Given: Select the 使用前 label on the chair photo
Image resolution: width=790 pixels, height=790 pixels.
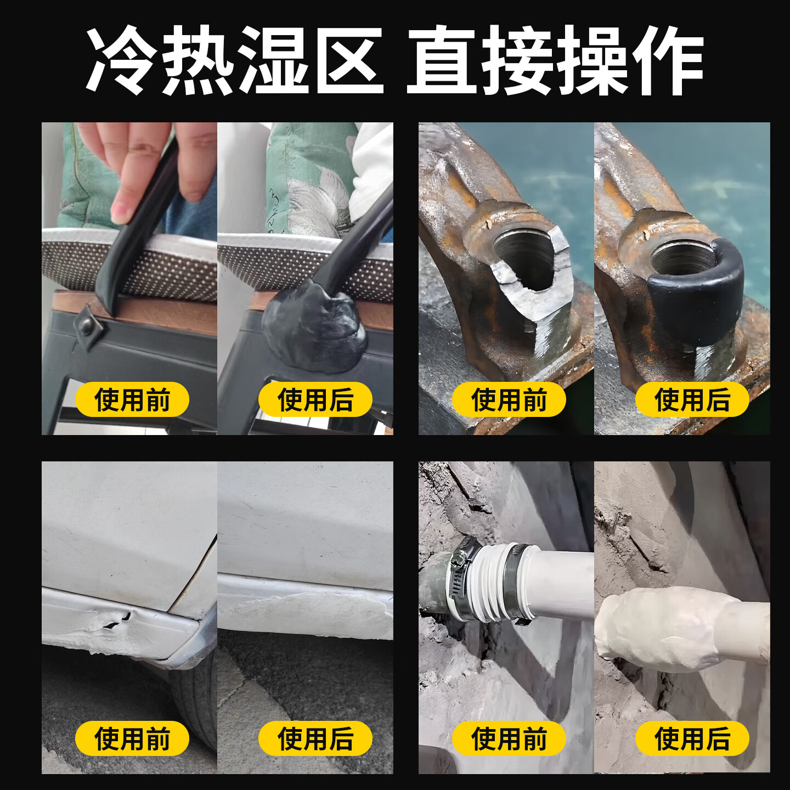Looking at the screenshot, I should [x=132, y=399].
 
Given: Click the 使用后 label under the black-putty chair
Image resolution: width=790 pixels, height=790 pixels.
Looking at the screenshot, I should [x=315, y=399].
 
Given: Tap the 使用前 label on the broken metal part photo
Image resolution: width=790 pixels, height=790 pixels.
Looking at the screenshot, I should [x=509, y=399].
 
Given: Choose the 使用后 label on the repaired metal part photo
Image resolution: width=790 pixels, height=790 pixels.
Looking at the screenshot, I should [x=692, y=399].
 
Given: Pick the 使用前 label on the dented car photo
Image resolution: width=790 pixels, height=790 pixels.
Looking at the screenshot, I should [x=132, y=738].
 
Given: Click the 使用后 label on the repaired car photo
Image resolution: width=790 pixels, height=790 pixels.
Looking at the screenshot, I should [x=315, y=738].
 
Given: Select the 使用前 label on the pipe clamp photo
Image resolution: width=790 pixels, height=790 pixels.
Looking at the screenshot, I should [x=509, y=738].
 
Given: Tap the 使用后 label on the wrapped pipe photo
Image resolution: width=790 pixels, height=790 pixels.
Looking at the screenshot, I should [x=692, y=738].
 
